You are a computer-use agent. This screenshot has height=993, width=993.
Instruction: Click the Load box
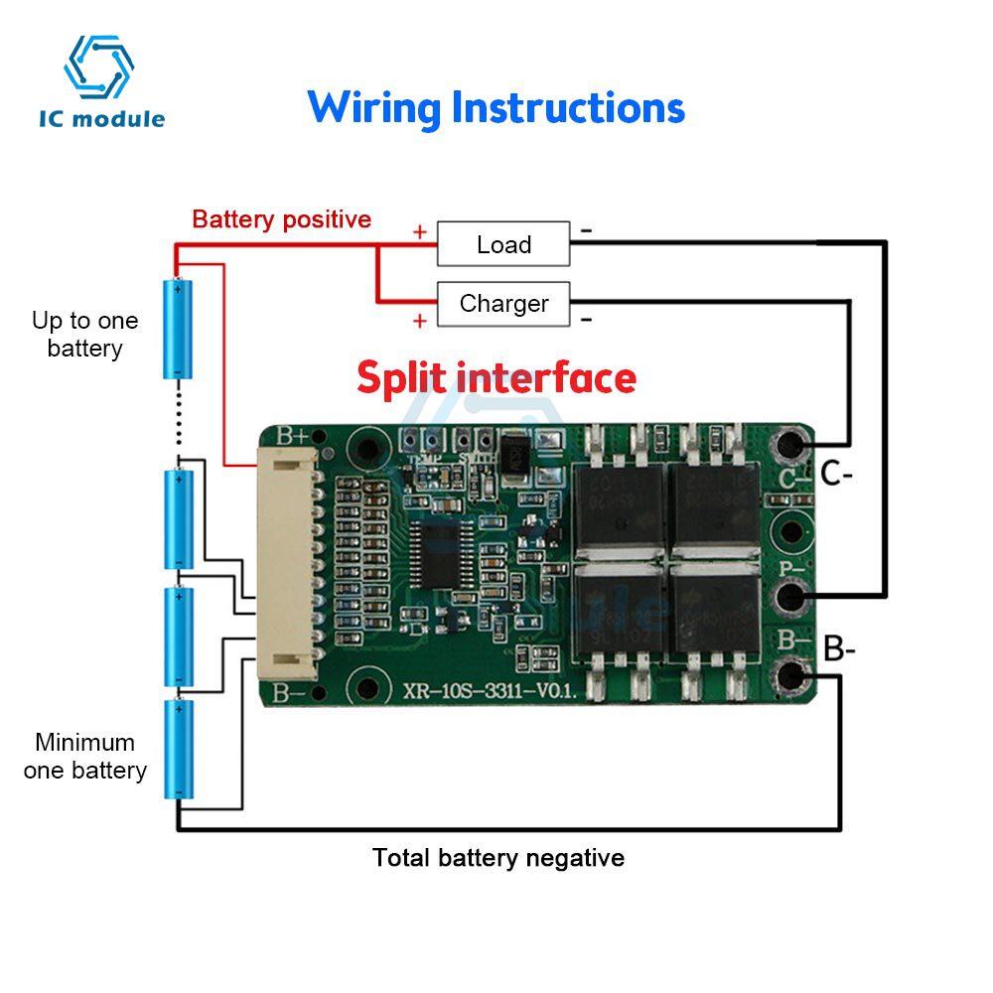point(503,244)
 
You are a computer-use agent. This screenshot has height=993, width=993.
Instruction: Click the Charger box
point(503,304)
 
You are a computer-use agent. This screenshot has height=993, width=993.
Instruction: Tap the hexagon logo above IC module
point(99,68)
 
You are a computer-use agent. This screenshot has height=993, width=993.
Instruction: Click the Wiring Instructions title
point(496,107)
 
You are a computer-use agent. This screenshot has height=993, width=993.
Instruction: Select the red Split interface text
point(496,378)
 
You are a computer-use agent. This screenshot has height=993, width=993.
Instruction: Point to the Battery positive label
point(281,219)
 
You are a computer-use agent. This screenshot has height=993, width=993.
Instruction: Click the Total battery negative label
point(498,857)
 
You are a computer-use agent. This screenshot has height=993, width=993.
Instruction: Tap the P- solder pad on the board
point(792,596)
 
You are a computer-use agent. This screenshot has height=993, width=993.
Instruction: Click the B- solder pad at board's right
point(792,675)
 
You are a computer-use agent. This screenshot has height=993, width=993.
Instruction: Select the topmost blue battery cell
point(178,329)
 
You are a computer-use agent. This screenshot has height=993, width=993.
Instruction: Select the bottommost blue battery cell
point(178,749)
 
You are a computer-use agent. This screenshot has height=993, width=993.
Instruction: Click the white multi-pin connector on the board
point(287,563)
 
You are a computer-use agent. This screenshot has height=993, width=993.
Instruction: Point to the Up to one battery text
point(84,335)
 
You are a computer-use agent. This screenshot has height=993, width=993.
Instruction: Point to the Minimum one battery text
point(84,756)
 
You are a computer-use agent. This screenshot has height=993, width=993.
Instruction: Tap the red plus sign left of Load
point(420,232)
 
